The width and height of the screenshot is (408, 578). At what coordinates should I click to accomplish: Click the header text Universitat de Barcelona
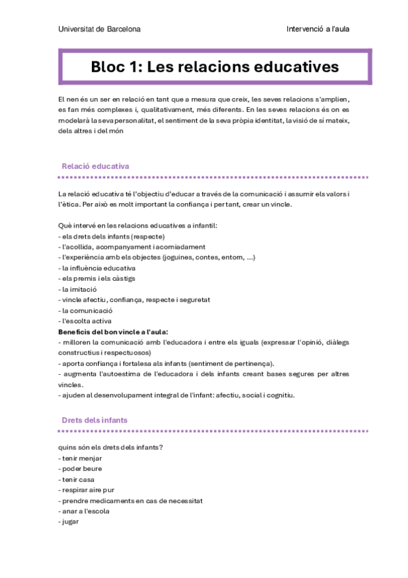(x=99, y=29)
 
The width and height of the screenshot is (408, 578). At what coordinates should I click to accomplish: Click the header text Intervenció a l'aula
(x=318, y=29)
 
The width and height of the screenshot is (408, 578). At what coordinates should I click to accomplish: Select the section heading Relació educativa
(x=95, y=166)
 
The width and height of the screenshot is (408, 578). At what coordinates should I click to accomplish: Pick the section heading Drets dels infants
(x=94, y=420)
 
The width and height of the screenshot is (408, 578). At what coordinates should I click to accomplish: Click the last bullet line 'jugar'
(x=69, y=521)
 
